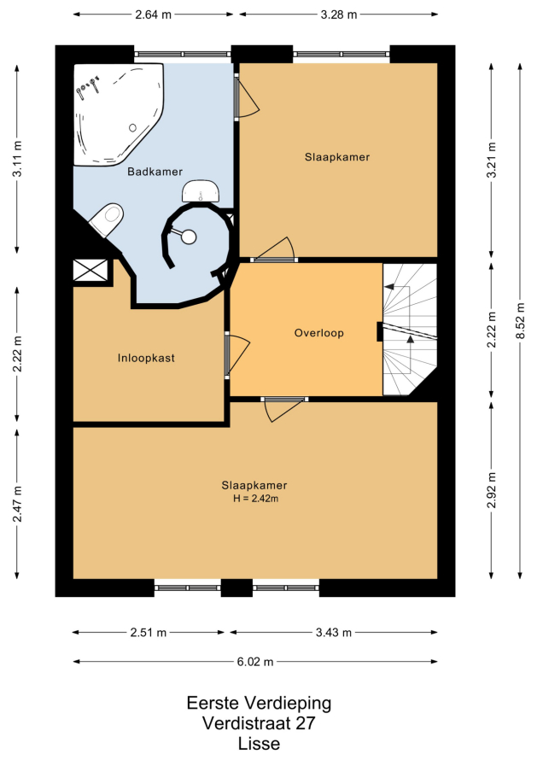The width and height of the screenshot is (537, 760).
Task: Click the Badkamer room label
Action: pyautogui.click(x=155, y=172)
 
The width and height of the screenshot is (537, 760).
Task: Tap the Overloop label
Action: pyautogui.click(x=319, y=333)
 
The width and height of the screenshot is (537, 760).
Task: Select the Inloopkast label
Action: pyautogui.click(x=146, y=358)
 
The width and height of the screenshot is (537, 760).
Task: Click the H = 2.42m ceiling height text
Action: pyautogui.click(x=255, y=498)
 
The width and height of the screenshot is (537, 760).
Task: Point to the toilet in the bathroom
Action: pyautogui.click(x=106, y=220)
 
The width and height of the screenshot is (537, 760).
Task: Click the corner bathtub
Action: pyautogui.click(x=118, y=114)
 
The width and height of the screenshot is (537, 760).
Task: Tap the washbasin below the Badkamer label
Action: pyautogui.click(x=201, y=191)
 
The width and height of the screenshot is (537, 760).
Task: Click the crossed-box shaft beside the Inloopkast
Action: pyautogui.click(x=90, y=270)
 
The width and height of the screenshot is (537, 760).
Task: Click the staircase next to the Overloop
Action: pyautogui.click(x=410, y=330)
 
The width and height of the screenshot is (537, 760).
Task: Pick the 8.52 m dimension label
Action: pyautogui.click(x=521, y=321)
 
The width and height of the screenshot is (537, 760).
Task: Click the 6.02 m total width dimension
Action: pyautogui.click(x=255, y=662)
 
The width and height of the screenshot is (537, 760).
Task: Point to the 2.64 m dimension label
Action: pyautogui.click(x=153, y=15)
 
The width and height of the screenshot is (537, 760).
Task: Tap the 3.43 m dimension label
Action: pyautogui.click(x=334, y=633)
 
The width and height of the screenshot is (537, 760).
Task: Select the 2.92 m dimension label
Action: pyautogui.click(x=492, y=490)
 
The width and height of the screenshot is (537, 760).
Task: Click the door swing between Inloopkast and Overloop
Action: pyautogui.click(x=237, y=354)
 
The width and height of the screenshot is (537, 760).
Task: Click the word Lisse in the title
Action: pyautogui.click(x=259, y=744)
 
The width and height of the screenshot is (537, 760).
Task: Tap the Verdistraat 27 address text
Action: pyautogui.click(x=259, y=723)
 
